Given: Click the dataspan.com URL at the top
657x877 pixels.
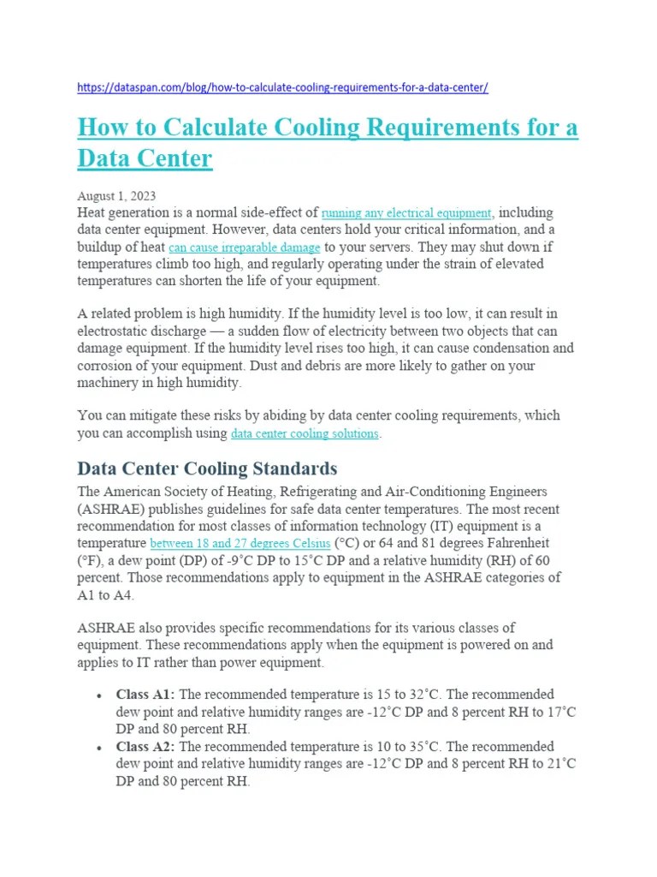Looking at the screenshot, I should point(282,87).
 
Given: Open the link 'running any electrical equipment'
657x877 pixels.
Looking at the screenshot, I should point(406,212).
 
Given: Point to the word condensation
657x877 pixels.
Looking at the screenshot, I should point(509,349).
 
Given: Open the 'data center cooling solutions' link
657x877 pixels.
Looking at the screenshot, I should point(305,433).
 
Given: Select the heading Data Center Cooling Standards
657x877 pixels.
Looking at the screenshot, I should point(207,468).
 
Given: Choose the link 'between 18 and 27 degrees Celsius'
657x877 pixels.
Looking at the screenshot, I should point(240,543).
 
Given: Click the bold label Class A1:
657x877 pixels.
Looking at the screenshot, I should point(145,694).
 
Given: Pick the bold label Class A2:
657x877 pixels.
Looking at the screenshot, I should point(145,746).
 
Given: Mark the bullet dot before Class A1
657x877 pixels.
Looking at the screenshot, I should point(101,695).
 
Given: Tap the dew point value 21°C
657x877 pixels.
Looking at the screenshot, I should point(559,763).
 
